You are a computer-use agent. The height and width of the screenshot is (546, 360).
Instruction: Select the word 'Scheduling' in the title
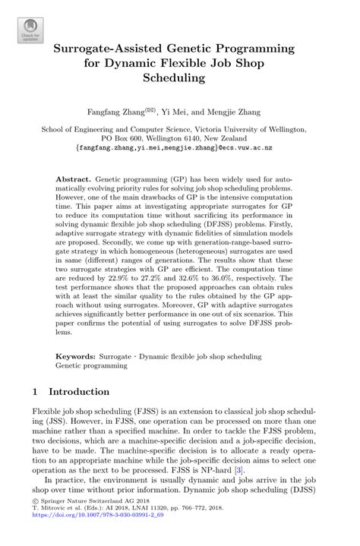(179, 77)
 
